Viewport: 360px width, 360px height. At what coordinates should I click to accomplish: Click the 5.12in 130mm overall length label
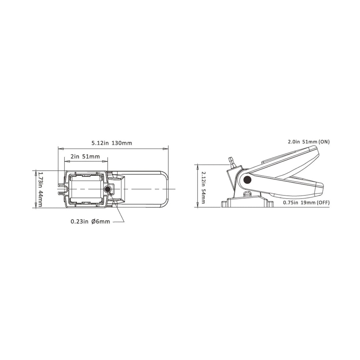(112, 143)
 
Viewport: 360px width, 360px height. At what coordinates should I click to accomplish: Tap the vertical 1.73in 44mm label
(40, 189)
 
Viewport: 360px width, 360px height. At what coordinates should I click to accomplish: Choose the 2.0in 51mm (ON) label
(309, 142)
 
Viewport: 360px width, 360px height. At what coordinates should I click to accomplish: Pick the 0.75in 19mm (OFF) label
(306, 203)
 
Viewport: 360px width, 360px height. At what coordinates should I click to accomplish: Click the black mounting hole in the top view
(107, 190)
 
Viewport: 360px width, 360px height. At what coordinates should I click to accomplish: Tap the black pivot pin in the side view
(247, 180)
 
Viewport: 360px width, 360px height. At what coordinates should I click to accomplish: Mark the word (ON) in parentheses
(324, 142)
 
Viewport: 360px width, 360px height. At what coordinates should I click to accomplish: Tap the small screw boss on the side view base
(247, 194)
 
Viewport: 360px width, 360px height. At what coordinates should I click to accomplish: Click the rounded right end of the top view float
(165, 189)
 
